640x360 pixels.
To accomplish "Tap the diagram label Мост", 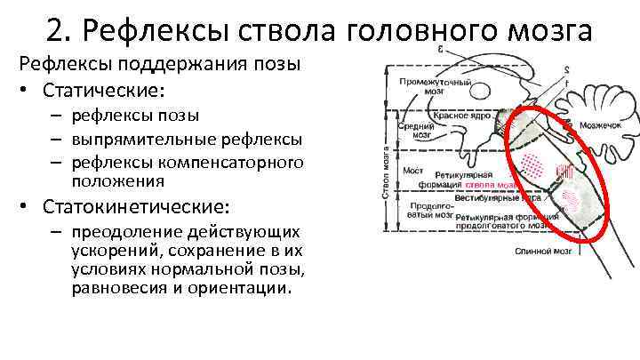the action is pos(412,170).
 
